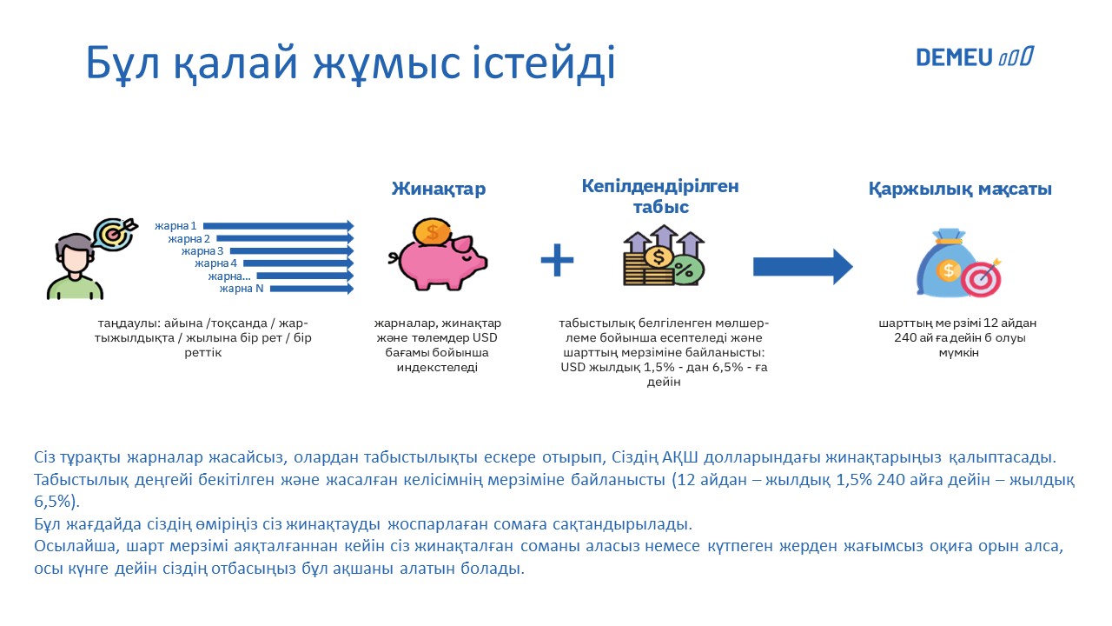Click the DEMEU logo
[975, 57]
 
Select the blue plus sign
[557, 260]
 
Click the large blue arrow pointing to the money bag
[803, 267]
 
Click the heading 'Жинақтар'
[439, 189]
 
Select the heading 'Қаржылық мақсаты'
[960, 190]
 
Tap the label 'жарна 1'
[175, 226]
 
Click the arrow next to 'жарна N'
[312, 289]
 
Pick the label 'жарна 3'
[202, 251]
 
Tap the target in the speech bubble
[114, 233]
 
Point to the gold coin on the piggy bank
[433, 231]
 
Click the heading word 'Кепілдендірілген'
[660, 186]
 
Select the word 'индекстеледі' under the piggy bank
[437, 368]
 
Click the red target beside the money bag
[981, 278]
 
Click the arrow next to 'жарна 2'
[285, 239]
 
